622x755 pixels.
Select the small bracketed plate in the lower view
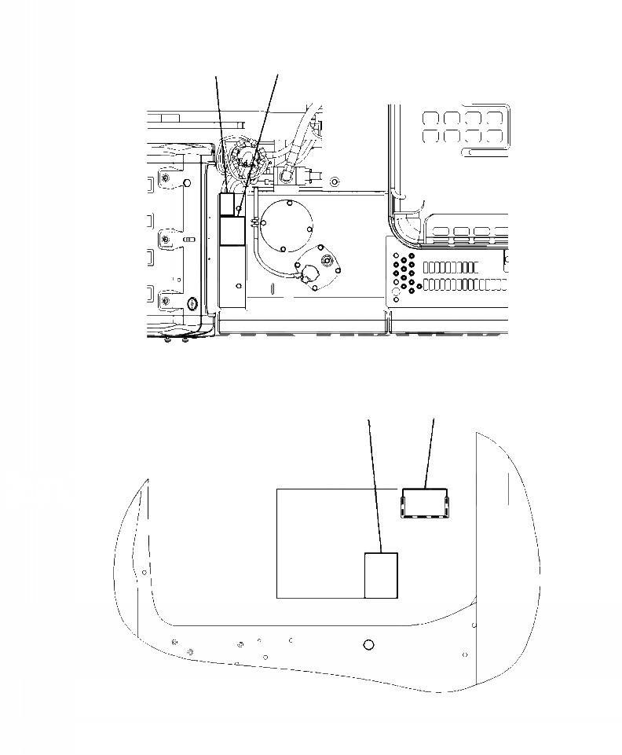point(425,503)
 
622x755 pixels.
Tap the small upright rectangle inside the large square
point(382,575)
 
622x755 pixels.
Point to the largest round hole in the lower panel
point(369,645)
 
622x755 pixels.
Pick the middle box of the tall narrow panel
point(232,231)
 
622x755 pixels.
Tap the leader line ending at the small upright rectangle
point(375,487)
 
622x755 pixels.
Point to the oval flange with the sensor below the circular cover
point(316,270)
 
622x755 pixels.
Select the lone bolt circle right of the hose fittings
point(335,181)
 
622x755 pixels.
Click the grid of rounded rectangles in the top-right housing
point(462,126)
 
